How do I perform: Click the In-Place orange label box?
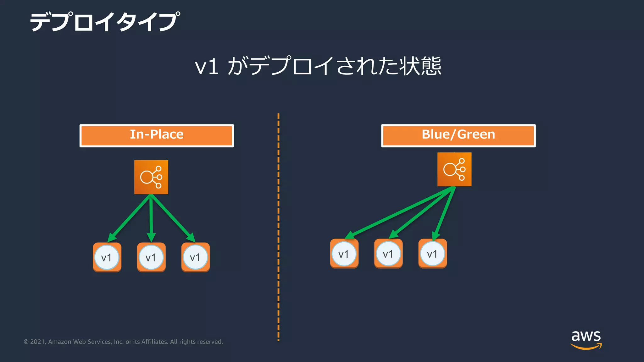click(157, 135)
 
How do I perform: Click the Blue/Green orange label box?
click(458, 135)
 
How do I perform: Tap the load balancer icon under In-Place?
click(151, 177)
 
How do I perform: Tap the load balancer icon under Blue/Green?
click(454, 169)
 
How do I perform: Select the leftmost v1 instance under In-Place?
click(107, 257)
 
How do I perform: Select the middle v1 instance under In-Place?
click(151, 257)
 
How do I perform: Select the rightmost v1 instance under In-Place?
click(195, 257)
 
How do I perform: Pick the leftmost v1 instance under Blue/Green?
click(344, 254)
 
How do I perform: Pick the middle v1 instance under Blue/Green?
click(388, 254)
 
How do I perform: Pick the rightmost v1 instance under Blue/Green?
click(432, 254)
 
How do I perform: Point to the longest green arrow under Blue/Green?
click(399, 213)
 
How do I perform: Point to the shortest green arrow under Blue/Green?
click(444, 214)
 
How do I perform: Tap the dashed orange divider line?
click(278, 226)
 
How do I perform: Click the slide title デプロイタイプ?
click(105, 22)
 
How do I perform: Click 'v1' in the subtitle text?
click(207, 67)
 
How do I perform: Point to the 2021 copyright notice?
click(123, 342)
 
